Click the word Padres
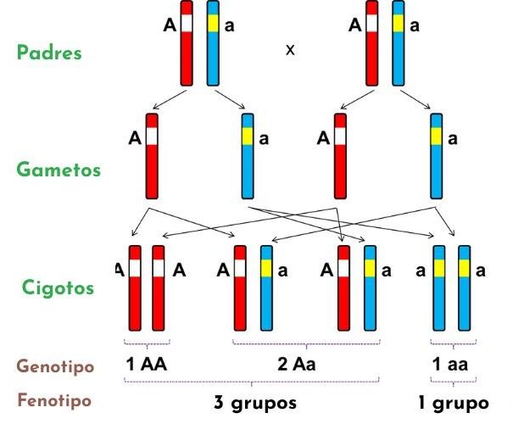point(49,53)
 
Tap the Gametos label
point(59,170)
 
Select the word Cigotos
point(58,287)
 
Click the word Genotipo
point(55,366)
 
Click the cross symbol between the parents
point(290,50)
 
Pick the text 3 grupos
point(255,401)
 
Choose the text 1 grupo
point(454,401)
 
